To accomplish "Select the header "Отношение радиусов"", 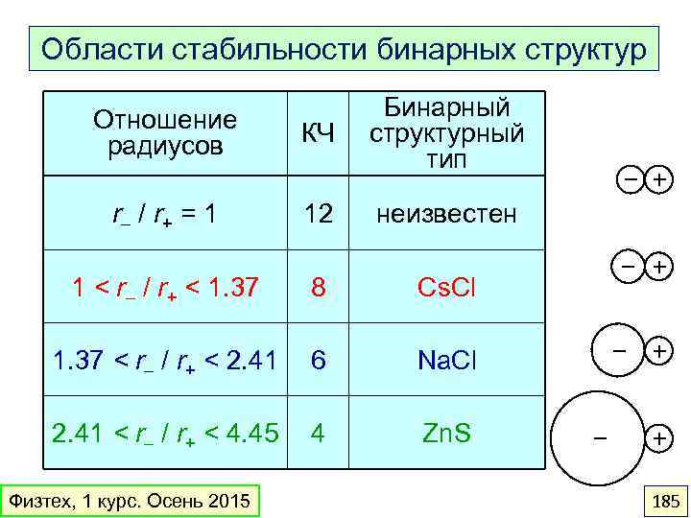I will click(165, 133).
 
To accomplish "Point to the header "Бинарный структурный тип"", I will click(446, 133).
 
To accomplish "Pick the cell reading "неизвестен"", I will click(446, 213).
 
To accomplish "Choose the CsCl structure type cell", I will click(446, 287).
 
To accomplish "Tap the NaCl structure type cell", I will click(446, 360).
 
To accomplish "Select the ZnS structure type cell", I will click(446, 433).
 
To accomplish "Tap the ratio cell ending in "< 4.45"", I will click(164, 434).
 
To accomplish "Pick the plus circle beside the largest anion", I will click(659, 438).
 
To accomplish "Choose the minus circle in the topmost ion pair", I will click(627, 179).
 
